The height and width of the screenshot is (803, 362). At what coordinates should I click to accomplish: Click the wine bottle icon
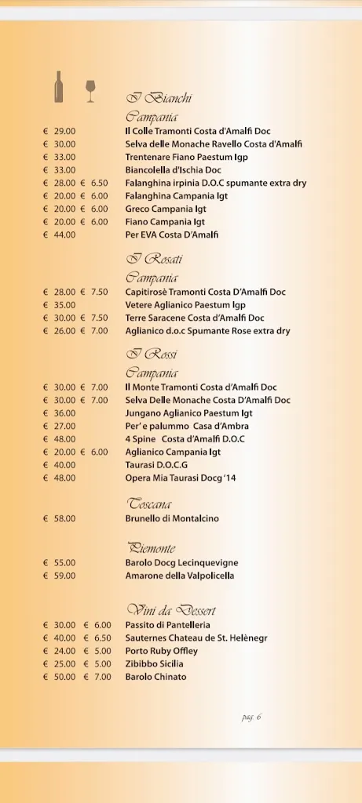[x=59, y=87]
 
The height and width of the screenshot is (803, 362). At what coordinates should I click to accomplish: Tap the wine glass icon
[x=90, y=90]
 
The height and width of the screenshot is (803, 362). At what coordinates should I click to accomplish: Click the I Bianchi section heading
[x=159, y=99]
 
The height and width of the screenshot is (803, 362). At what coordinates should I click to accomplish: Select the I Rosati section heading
[x=154, y=259]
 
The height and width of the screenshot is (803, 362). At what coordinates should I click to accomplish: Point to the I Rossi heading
[x=152, y=354]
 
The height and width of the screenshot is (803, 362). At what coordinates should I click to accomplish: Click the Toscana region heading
[x=149, y=503]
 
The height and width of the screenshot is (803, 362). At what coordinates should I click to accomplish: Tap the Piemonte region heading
[x=152, y=547]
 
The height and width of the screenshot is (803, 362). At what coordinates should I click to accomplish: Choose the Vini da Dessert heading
[x=171, y=609]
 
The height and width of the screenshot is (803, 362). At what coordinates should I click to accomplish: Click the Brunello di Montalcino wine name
[x=172, y=518]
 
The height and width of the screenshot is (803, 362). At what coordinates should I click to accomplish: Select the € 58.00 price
[x=60, y=518]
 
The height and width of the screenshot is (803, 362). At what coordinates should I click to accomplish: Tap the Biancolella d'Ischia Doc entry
[x=173, y=170]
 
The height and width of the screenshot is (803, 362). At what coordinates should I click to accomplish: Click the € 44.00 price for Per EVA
[x=60, y=234]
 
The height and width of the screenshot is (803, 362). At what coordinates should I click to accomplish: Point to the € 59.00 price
[x=60, y=576]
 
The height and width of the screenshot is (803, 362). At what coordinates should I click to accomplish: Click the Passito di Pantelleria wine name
[x=167, y=625]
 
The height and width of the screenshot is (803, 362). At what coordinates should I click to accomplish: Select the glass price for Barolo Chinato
[x=97, y=677]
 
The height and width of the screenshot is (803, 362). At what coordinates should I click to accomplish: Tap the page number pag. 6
[x=251, y=717]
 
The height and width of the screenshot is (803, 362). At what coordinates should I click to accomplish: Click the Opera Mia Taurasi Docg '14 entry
[x=181, y=478]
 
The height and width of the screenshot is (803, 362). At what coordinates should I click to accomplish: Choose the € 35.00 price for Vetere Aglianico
[x=60, y=305]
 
